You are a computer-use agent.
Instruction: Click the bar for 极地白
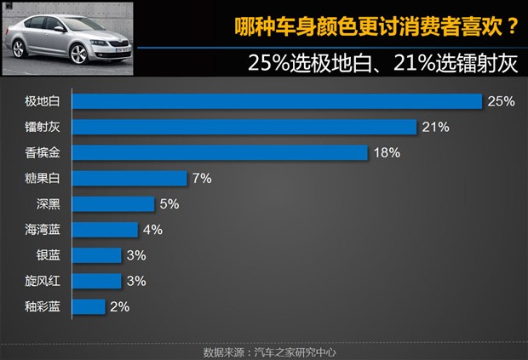278,101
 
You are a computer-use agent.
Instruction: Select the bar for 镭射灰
244,128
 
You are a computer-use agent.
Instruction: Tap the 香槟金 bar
220,153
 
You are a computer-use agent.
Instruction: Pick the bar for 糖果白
129,179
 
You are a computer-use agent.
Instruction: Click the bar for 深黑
113,204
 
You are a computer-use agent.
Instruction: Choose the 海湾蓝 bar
105,230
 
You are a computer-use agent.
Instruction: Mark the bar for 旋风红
97,280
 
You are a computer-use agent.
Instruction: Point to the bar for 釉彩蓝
89,306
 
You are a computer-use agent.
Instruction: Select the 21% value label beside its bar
434,128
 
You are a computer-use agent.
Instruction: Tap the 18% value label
386,153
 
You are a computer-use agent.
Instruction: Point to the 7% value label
202,179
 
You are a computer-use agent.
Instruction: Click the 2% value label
118,306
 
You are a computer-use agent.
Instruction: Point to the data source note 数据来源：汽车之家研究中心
264,351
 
